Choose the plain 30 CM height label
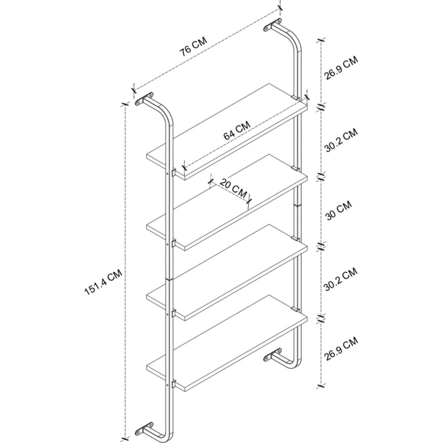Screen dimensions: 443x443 pyautogui.click(x=339, y=210)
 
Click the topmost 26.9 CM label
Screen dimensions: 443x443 pyautogui.click(x=341, y=68)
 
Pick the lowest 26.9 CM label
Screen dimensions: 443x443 pyautogui.click(x=341, y=349)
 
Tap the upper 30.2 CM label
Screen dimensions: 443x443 pyautogui.click(x=341, y=140)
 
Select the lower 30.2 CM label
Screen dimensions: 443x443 pyautogui.click(x=341, y=279)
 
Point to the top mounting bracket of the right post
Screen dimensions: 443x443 pyautogui.click(x=272, y=25)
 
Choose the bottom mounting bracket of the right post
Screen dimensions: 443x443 pyautogui.click(x=272, y=355)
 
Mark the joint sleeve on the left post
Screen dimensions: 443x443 pyautogui.click(x=169, y=279)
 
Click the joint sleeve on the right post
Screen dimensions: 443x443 pyautogui.click(x=297, y=204)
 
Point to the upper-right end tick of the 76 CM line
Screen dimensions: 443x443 pyautogui.click(x=280, y=8)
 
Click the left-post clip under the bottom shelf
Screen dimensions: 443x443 pyautogui.click(x=174, y=383)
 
